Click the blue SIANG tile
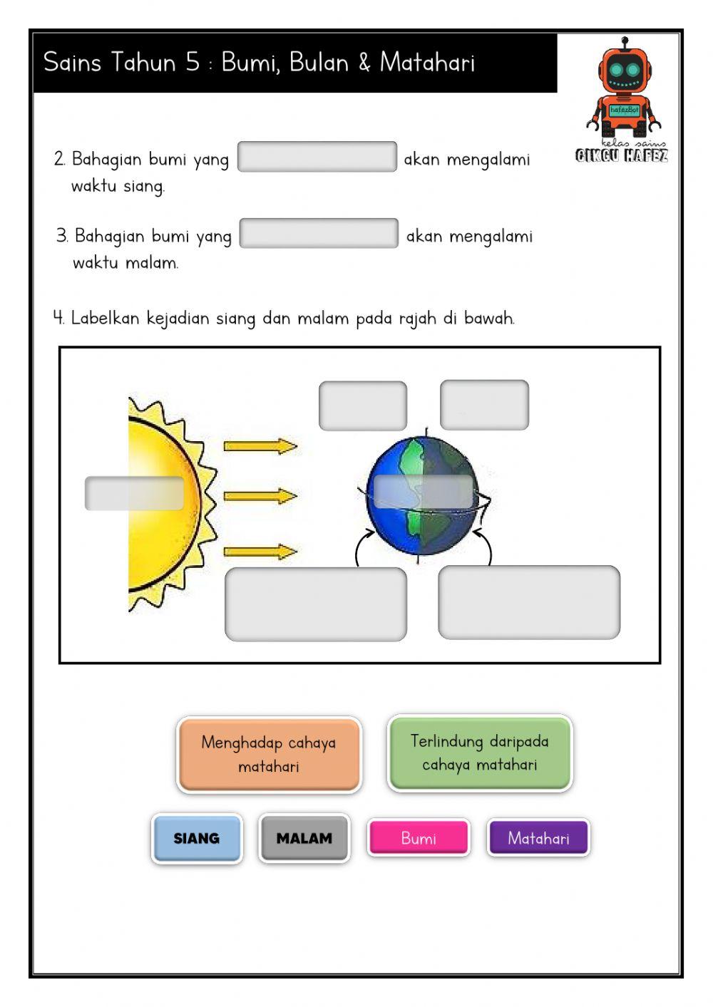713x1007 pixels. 197,838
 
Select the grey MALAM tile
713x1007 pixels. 304,838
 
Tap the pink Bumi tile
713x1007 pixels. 419,837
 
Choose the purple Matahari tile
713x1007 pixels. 538,837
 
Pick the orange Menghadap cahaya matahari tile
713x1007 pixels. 269,754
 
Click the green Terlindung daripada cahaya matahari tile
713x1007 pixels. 479,753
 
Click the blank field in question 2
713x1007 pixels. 317,157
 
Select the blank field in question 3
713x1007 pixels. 319,234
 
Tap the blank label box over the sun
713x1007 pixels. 134,493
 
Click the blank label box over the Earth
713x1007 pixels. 424,491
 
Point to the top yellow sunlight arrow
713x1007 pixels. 260,447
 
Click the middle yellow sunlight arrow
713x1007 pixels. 260,496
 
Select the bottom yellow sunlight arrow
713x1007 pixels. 260,552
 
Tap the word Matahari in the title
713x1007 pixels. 427,63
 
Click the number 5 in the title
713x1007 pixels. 193,63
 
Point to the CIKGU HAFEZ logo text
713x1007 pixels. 622,155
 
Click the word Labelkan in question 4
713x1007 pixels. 105,318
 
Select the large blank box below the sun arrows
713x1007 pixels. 316,604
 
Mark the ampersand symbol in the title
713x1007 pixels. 364,63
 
